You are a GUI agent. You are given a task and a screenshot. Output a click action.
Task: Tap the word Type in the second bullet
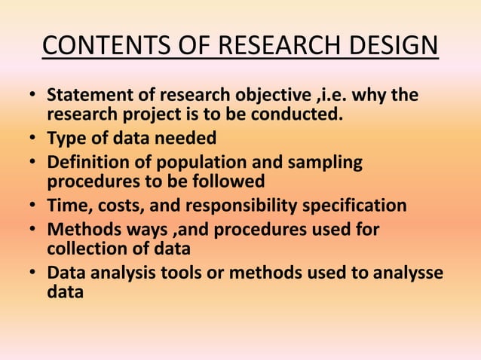(66, 139)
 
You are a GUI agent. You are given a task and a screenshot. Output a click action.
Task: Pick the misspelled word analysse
(408, 272)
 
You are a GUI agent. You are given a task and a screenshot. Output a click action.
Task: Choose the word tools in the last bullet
(188, 272)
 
